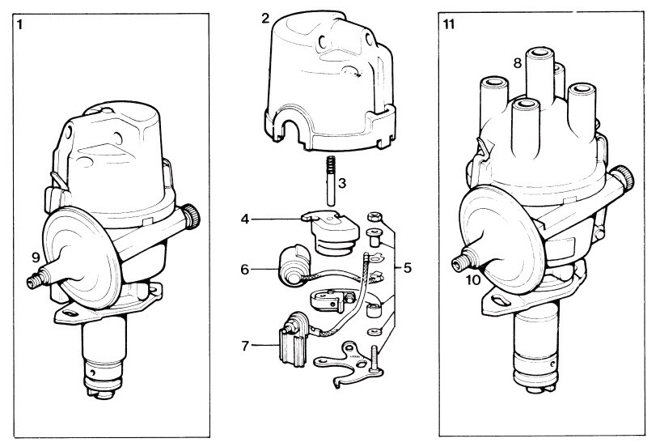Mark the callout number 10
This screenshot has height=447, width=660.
pyautogui.click(x=474, y=279)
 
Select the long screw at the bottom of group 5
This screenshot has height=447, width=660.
pyautogui.click(x=375, y=355)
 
